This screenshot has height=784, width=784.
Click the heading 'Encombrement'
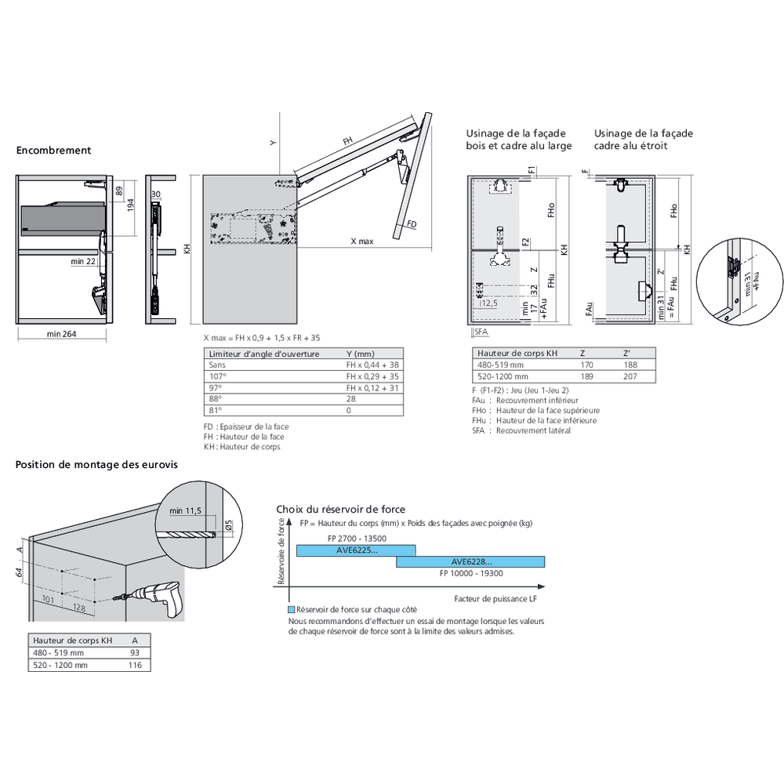click(x=53, y=151)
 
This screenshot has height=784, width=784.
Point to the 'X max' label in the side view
click(x=361, y=241)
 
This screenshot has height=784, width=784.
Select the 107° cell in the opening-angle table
click(x=216, y=376)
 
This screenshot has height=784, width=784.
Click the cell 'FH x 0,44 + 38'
click(x=372, y=365)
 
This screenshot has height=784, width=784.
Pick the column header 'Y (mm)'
click(x=361, y=354)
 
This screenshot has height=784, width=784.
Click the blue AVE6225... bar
click(x=356, y=550)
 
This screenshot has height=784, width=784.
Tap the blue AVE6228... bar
click(x=470, y=561)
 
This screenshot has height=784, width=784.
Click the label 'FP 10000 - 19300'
click(x=471, y=573)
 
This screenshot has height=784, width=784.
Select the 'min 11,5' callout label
click(x=185, y=510)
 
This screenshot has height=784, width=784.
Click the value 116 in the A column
click(x=136, y=665)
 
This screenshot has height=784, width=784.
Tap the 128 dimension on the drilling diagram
click(x=78, y=608)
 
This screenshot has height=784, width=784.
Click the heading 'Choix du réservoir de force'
click(x=340, y=510)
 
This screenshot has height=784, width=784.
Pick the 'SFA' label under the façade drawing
click(x=480, y=332)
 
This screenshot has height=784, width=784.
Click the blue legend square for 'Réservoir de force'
click(x=291, y=609)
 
